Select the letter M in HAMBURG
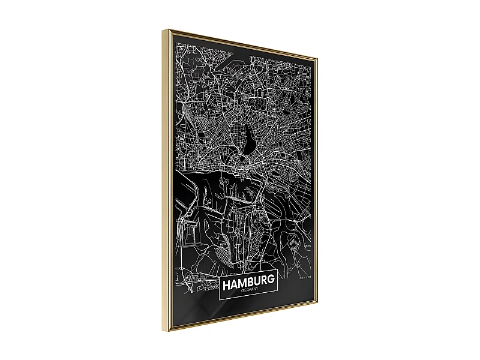point(243,281)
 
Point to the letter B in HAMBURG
point(251,281)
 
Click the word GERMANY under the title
point(248,291)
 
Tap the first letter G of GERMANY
point(239,292)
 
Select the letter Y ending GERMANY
point(256,290)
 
